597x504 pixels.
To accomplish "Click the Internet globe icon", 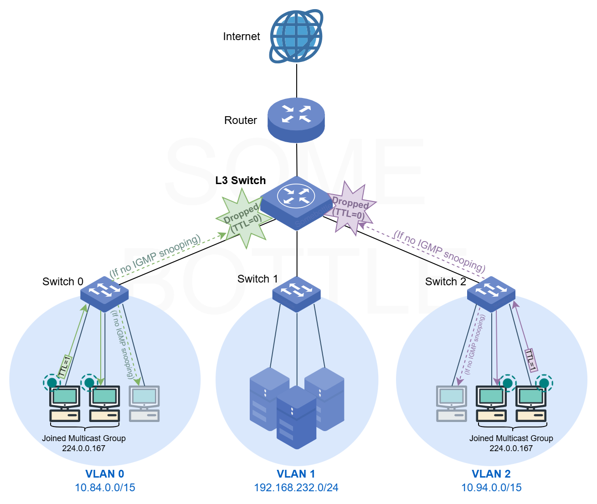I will [296, 36].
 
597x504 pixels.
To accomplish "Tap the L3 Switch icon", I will [296, 203].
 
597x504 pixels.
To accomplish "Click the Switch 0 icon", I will [104, 293].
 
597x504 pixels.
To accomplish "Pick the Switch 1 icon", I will [297, 294].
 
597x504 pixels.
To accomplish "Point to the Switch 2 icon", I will [491, 294].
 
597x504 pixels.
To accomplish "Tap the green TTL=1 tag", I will [65, 366].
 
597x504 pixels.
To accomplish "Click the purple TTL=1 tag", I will [531, 360].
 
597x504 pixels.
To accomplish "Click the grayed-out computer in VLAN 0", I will [144, 404].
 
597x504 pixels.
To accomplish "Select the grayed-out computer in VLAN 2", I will [452, 404].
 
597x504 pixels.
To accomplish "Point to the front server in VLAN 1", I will [296, 417].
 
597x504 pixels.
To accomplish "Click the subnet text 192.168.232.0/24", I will [296, 488].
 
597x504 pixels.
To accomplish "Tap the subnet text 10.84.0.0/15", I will [105, 488].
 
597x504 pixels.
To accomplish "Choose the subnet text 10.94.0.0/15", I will [491, 488].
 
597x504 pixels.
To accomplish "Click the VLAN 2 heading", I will [491, 474].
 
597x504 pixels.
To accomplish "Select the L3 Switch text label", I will [241, 180].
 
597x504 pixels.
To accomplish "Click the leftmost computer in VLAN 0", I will [65, 404].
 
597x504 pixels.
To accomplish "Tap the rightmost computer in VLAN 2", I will [531, 404].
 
